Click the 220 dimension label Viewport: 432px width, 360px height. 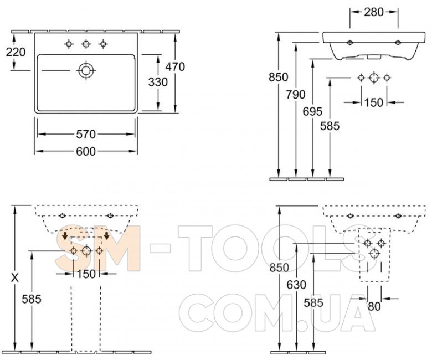[16, 52]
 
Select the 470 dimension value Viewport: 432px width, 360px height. [175, 66]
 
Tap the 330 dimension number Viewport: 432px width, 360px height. [158, 82]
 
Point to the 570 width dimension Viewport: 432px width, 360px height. [86, 135]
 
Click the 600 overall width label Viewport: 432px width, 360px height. [86, 152]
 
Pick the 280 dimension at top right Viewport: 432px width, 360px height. [374, 12]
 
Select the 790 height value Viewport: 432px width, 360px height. [296, 95]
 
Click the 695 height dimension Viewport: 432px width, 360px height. [312, 111]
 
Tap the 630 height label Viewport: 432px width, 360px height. [296, 285]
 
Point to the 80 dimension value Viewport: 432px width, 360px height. [374, 306]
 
